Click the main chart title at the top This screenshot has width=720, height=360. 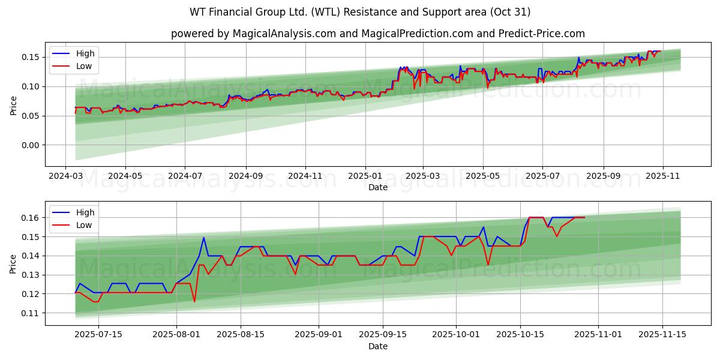coord(360,12)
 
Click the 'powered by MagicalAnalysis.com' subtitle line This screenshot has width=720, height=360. coord(378,34)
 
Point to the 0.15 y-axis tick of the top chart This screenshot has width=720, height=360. coord(30,57)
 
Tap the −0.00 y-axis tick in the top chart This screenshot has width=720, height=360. coord(30,145)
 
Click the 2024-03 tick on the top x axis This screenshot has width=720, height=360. coord(66,177)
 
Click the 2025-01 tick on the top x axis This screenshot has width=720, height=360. coord(365,177)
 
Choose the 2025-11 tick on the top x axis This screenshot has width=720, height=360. coord(662,177)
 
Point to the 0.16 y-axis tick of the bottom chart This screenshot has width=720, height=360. coord(30,217)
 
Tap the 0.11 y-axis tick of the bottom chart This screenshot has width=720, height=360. coord(30,313)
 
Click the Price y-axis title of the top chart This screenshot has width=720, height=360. coord(13,105)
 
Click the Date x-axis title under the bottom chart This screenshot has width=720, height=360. coord(378,347)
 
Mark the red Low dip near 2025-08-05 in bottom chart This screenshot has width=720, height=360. coord(194,301)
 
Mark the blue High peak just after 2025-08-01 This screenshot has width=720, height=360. coord(204,237)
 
